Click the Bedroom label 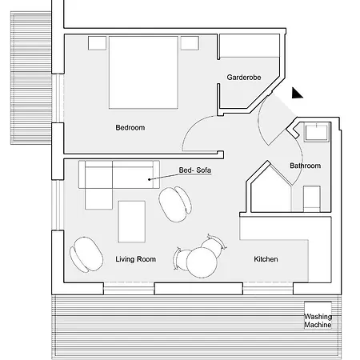pyautogui.click(x=130, y=127)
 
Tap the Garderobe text pyautogui.click(x=244, y=78)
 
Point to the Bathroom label pyautogui.click(x=305, y=166)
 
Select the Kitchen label pyautogui.click(x=266, y=259)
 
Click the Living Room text pyautogui.click(x=135, y=259)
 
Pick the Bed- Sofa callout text pyautogui.click(x=195, y=170)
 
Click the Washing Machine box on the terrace pyautogui.click(x=318, y=315)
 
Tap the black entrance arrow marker pyautogui.click(x=296, y=94)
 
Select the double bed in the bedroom pyautogui.click(x=143, y=73)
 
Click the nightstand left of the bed pyautogui.click(x=97, y=43)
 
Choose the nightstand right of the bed pyautogui.click(x=190, y=43)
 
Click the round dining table pyautogui.click(x=202, y=262)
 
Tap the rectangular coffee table pyautogui.click(x=131, y=222)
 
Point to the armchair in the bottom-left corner pyautogui.click(x=86, y=254)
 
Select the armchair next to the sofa pyautogui.click(x=175, y=204)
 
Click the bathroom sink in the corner pyautogui.click(x=316, y=132)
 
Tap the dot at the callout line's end pyautogui.click(x=150, y=179)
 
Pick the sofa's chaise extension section pyautogui.click(x=98, y=199)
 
